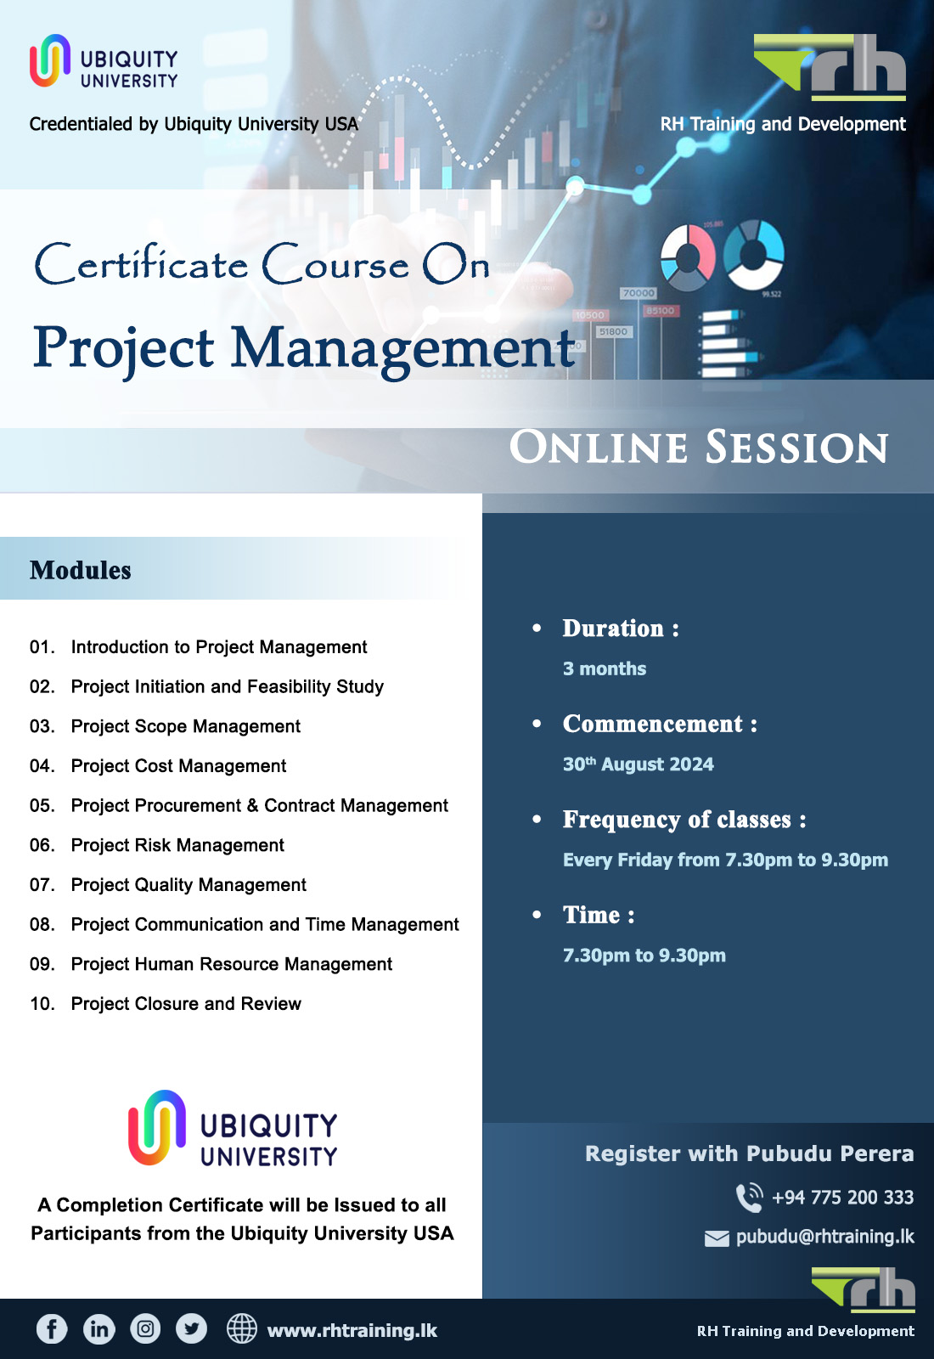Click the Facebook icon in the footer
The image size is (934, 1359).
(52, 1328)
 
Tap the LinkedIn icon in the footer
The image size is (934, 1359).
(99, 1328)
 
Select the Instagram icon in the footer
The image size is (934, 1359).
(145, 1328)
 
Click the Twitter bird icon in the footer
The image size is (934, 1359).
(191, 1328)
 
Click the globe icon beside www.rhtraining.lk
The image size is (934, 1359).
(242, 1328)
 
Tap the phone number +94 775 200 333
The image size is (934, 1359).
(842, 1198)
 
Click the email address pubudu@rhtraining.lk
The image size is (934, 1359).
(824, 1237)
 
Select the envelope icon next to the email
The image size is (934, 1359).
(717, 1238)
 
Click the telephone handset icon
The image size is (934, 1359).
(749, 1198)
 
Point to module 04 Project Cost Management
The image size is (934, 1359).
(178, 766)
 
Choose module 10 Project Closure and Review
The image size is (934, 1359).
(186, 1004)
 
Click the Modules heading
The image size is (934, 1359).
(81, 570)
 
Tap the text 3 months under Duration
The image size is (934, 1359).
(605, 669)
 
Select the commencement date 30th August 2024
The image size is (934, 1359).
(639, 764)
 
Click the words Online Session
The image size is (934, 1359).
(698, 448)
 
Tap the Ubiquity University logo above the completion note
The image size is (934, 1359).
(233, 1129)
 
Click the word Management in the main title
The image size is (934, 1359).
(403, 348)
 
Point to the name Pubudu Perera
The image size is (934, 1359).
(830, 1153)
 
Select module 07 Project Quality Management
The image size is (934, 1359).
(188, 885)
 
